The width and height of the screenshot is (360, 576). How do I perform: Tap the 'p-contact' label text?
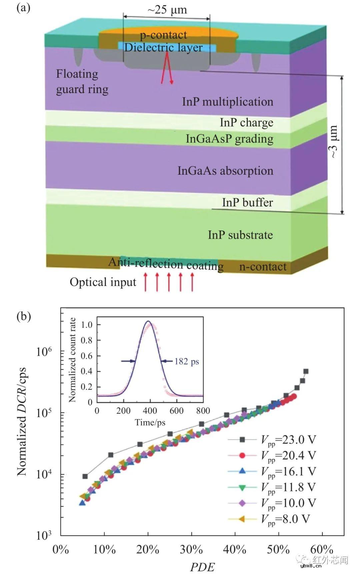163,35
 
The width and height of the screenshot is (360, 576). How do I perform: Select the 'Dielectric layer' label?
163,48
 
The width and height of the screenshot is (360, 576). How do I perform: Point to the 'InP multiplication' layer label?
228,102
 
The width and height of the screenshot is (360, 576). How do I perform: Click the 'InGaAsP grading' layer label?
230,139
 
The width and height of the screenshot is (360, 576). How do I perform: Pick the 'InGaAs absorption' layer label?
225,171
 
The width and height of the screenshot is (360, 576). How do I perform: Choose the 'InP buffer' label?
247,202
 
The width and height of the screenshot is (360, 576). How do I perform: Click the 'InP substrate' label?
240,235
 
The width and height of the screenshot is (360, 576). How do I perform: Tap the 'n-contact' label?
263,267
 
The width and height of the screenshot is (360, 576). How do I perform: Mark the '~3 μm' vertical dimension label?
334,142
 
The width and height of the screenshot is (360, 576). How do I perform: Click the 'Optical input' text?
103,282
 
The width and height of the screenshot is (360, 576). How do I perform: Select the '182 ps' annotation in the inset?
187,361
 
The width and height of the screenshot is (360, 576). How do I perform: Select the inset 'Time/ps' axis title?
150,423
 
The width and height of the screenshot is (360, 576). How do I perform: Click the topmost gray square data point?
306,371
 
